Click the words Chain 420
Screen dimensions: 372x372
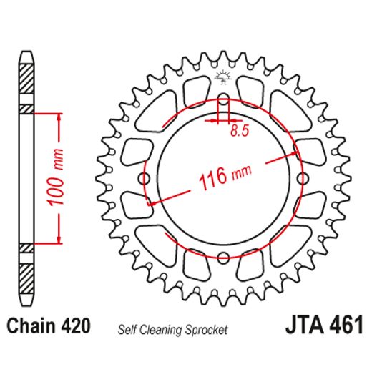pyautogui.click(x=49, y=327)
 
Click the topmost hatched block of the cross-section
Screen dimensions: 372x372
pyautogui.click(x=26, y=74)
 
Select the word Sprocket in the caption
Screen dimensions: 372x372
pyautogui.click(x=207, y=330)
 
